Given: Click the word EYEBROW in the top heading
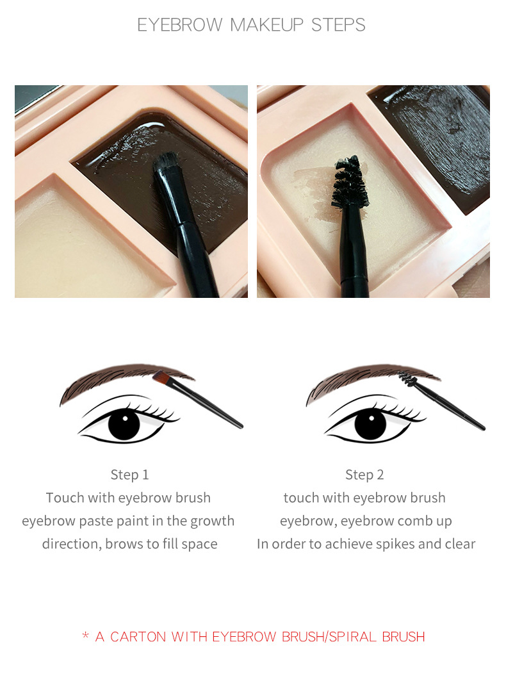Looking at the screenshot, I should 181,25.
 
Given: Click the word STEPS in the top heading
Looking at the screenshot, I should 338,25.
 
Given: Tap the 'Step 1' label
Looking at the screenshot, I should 129,475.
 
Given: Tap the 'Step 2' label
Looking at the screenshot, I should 364,475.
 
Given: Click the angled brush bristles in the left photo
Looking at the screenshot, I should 168,168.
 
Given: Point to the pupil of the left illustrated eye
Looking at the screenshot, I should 124,423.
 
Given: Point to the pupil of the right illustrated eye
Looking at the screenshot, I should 370,423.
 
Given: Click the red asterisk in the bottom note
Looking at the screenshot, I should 85,636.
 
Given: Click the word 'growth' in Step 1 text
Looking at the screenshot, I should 214,521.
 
